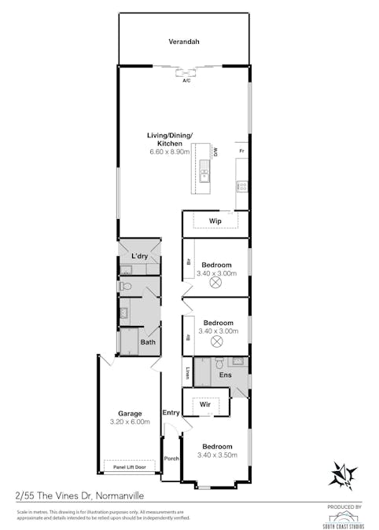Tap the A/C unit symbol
(187, 75)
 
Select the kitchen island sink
(204, 176)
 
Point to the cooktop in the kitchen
(243, 187)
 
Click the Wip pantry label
(215, 221)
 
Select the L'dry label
(140, 257)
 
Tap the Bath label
(148, 342)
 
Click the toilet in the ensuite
(219, 363)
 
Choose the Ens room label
(224, 375)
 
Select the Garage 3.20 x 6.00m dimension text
(130, 422)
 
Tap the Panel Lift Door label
(129, 466)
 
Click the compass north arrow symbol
(344, 474)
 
